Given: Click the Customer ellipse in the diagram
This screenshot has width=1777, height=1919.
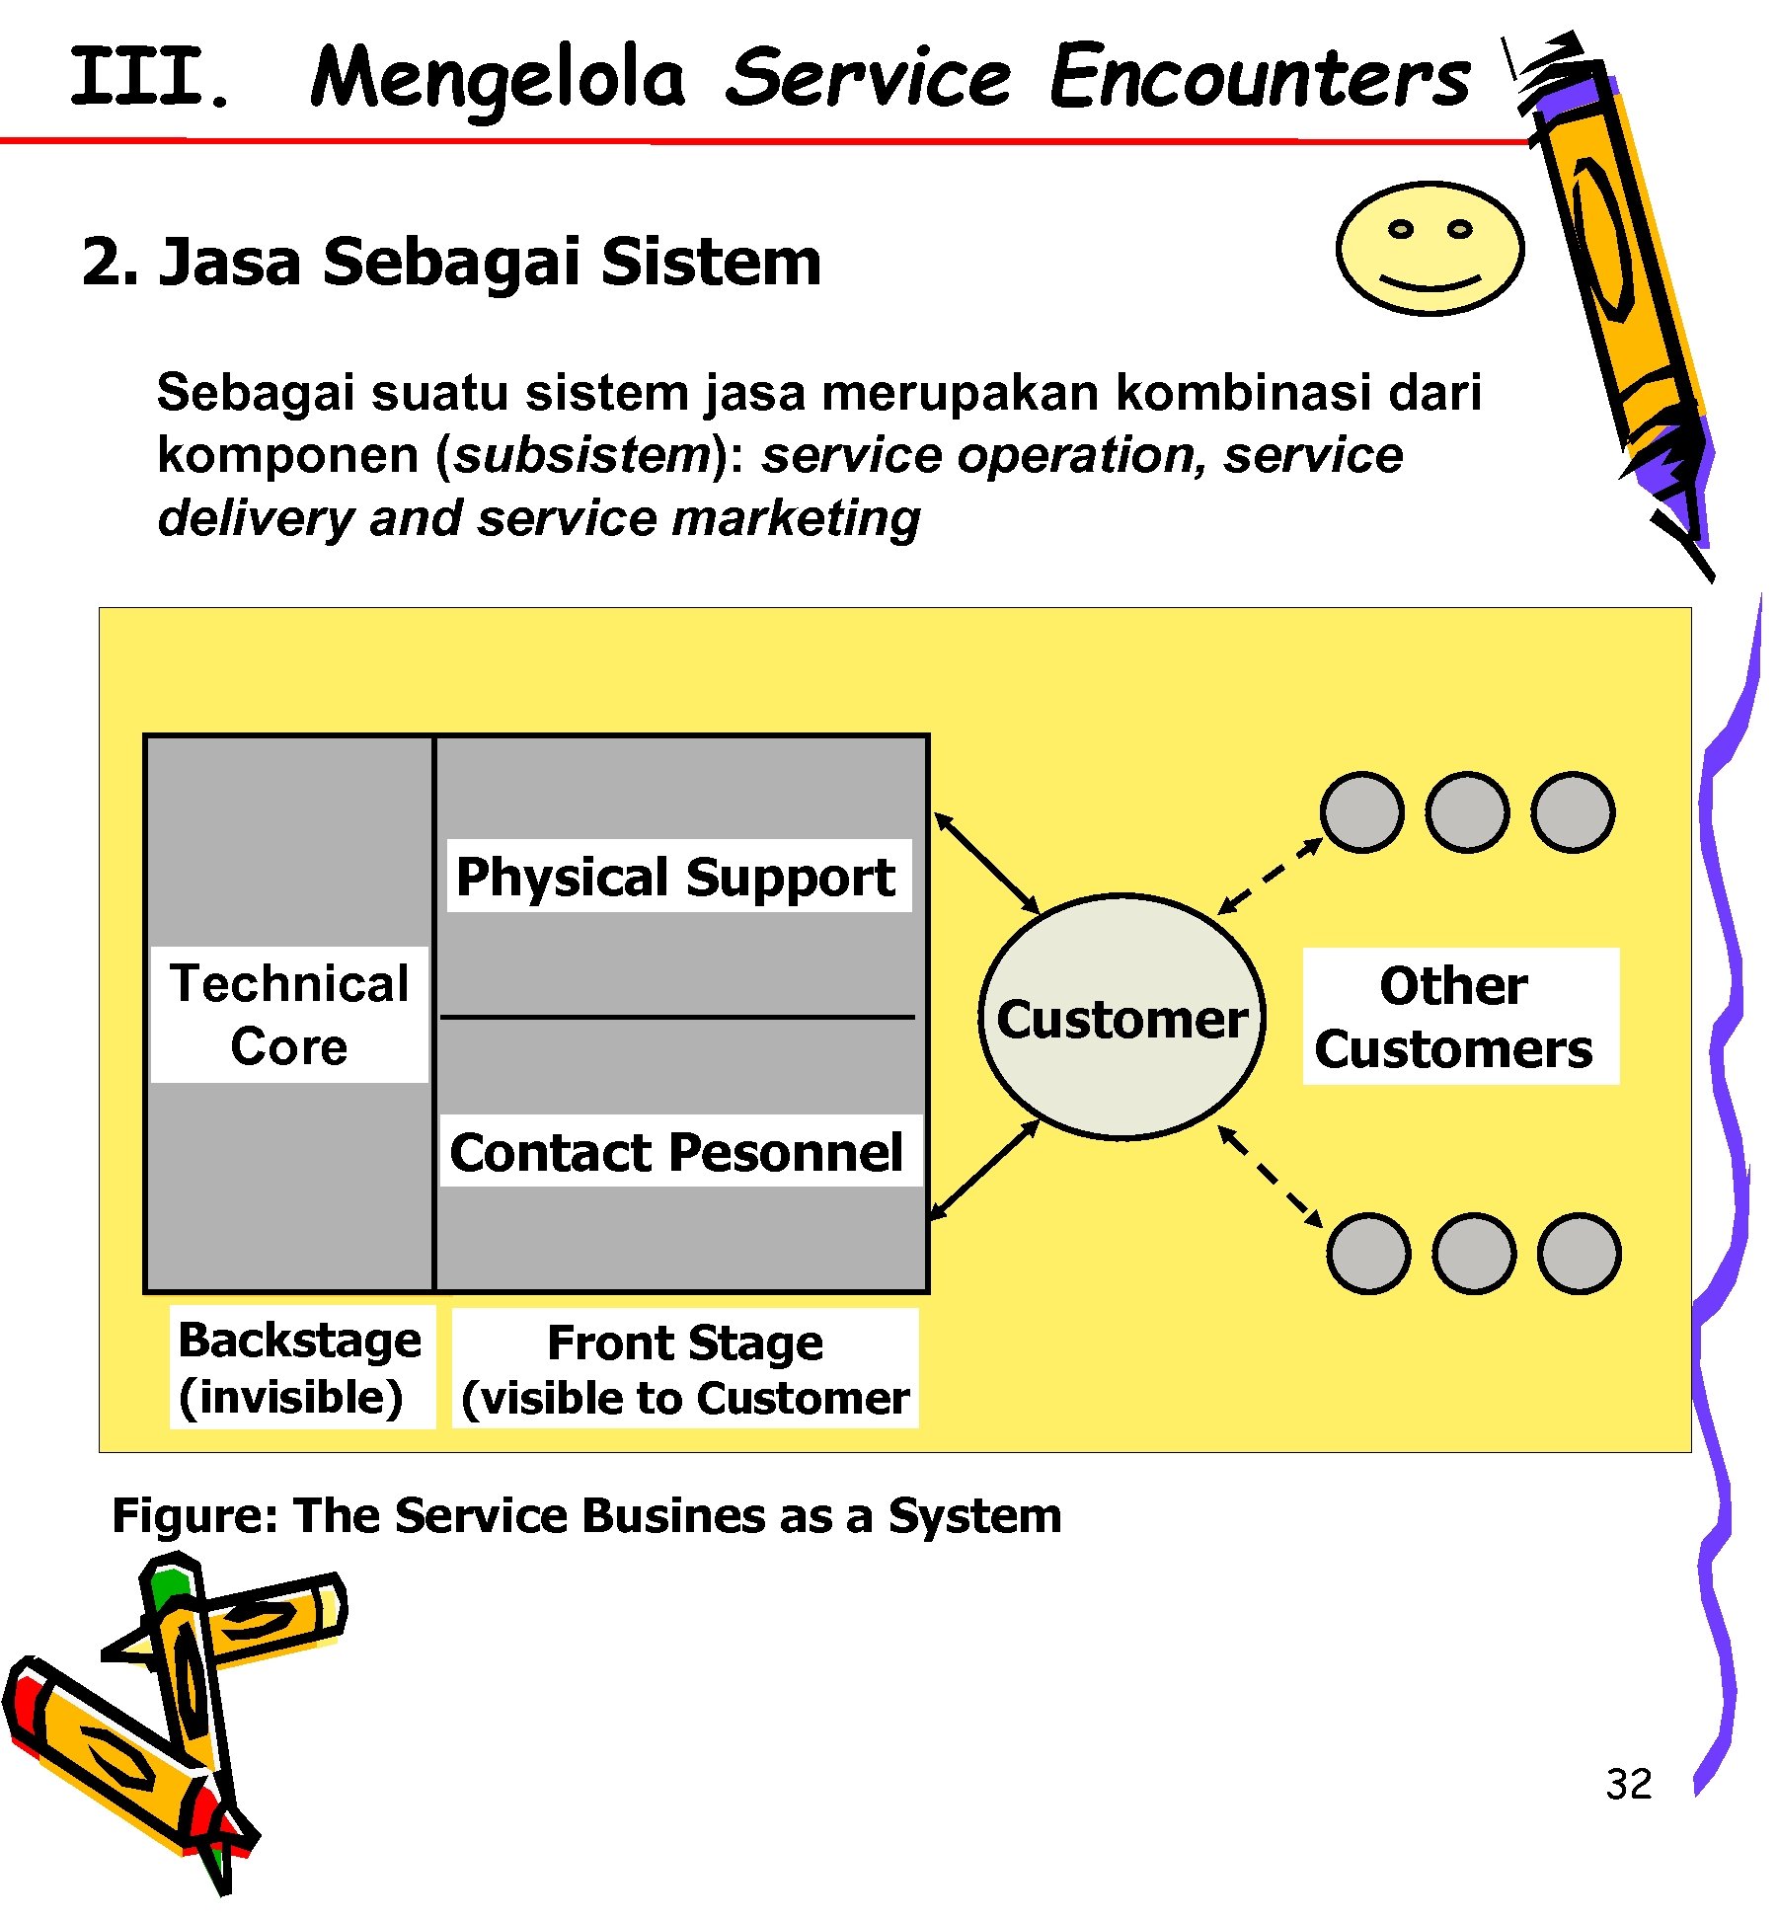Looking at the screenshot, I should tap(1121, 1018).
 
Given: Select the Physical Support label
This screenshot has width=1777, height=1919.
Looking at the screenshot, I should tap(678, 876).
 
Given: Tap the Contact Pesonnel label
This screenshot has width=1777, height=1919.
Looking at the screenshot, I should tap(678, 1151).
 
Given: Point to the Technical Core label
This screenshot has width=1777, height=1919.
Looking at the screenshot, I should tap(289, 1015).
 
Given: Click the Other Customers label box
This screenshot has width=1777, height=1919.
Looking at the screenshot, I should tap(1460, 1016).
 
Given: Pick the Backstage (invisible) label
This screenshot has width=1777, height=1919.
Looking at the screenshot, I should tap(301, 1367).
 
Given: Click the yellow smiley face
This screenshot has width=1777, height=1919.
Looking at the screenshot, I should tap(1429, 248).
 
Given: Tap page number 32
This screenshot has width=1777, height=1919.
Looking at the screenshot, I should tap(1628, 1784).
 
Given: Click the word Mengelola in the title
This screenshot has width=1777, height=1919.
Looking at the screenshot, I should tap(498, 79).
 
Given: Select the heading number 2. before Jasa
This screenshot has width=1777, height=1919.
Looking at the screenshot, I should tap(110, 263).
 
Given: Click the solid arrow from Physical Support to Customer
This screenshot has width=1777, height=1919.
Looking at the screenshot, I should tap(986, 863).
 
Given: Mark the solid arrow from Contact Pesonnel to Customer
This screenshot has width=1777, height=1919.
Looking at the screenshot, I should tap(984, 1171).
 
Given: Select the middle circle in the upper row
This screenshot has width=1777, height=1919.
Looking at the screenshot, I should tap(1467, 812).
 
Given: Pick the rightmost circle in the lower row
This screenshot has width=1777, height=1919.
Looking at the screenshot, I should tap(1579, 1254).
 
